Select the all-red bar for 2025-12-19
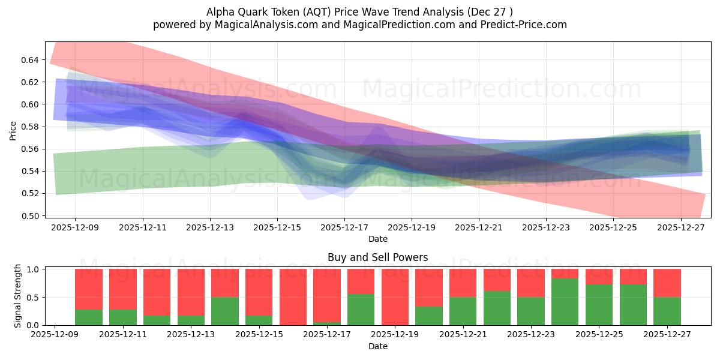point(395,297)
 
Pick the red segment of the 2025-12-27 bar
point(667,283)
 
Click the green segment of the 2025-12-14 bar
point(224,311)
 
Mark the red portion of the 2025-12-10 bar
point(89,289)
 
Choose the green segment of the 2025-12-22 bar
point(497,308)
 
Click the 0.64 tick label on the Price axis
point(30,60)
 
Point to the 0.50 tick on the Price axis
point(30,216)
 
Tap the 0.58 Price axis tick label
point(30,127)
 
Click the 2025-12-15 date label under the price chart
point(277,228)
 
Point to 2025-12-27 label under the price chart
point(680,228)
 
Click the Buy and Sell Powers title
point(377,257)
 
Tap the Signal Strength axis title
point(18,296)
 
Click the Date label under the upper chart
point(377,239)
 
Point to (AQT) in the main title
point(312,12)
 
